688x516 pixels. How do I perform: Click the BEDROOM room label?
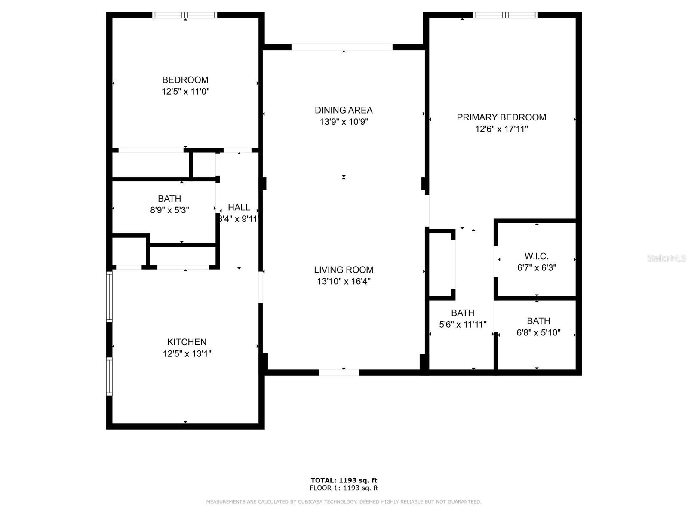pyautogui.click(x=185, y=80)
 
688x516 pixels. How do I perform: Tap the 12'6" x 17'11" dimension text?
pyautogui.click(x=501, y=129)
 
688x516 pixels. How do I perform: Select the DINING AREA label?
pyautogui.click(x=344, y=110)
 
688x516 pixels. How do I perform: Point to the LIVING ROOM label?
pyautogui.click(x=344, y=270)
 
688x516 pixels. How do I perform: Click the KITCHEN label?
pyautogui.click(x=187, y=342)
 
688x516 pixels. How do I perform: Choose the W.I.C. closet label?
pyautogui.click(x=536, y=256)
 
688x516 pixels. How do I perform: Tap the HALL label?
pyautogui.click(x=239, y=207)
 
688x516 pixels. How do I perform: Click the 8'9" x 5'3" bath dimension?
pyautogui.click(x=169, y=210)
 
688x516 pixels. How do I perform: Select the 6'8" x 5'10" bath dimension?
pyautogui.click(x=538, y=332)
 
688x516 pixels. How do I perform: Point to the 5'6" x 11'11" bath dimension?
pyautogui.click(x=463, y=325)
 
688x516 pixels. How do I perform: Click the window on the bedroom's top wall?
pyautogui.click(x=185, y=15)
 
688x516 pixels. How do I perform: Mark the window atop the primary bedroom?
pyautogui.click(x=505, y=15)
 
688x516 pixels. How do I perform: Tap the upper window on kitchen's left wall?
pyautogui.click(x=109, y=297)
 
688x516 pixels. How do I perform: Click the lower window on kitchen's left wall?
pyautogui.click(x=109, y=377)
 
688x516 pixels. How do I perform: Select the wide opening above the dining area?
pyautogui.click(x=342, y=47)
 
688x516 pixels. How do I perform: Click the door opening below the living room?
pyautogui.click(x=339, y=372)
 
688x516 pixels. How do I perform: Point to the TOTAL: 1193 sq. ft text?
pyautogui.click(x=344, y=480)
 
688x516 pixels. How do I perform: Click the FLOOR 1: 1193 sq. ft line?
pyautogui.click(x=344, y=488)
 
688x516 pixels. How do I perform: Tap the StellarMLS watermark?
pyautogui.click(x=666, y=258)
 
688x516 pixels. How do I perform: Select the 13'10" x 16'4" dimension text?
pyautogui.click(x=344, y=281)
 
